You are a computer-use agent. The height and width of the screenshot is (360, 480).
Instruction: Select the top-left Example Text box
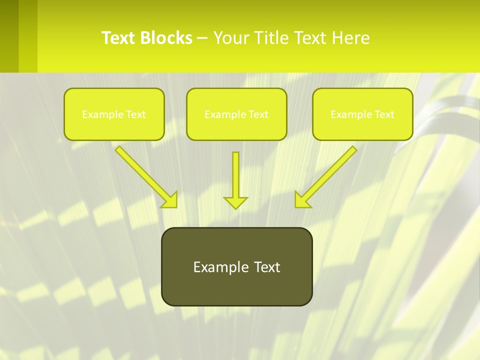coord(114,114)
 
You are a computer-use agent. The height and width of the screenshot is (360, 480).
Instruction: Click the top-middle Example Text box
coord(236,114)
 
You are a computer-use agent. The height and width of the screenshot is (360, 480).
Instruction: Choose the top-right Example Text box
coord(362,114)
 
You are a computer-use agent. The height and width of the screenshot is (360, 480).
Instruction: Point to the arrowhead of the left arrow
coord(170,199)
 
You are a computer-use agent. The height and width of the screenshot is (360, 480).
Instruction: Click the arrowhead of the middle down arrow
coord(235,202)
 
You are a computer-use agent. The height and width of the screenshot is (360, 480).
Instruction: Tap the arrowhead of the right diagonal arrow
coord(302,199)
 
